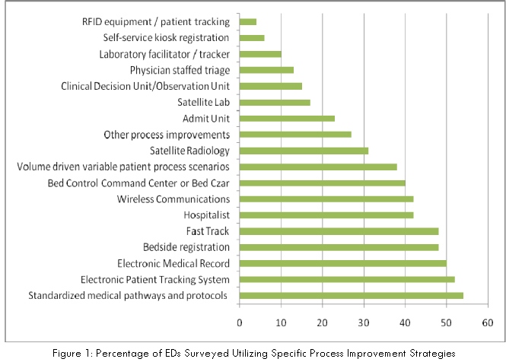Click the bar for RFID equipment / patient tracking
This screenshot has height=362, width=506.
pyautogui.click(x=248, y=21)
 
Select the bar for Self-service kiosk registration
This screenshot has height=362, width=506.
pyautogui.click(x=252, y=37)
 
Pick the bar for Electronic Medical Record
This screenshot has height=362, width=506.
pyautogui.click(x=343, y=263)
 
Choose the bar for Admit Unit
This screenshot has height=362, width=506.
pyautogui.click(x=287, y=118)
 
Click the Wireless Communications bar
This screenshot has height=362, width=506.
pyautogui.click(x=326, y=198)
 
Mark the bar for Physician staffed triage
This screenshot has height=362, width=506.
pyautogui.click(x=266, y=70)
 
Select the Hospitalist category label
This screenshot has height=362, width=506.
pyautogui.click(x=206, y=215)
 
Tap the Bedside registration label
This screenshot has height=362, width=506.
pyautogui.click(x=186, y=247)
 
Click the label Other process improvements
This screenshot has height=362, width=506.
pyautogui.click(x=167, y=135)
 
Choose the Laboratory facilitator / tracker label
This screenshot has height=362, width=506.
pyautogui.click(x=164, y=54)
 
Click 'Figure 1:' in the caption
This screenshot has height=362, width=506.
pyautogui.click(x=77, y=353)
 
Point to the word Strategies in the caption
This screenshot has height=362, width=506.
pyautogui.click(x=431, y=353)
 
